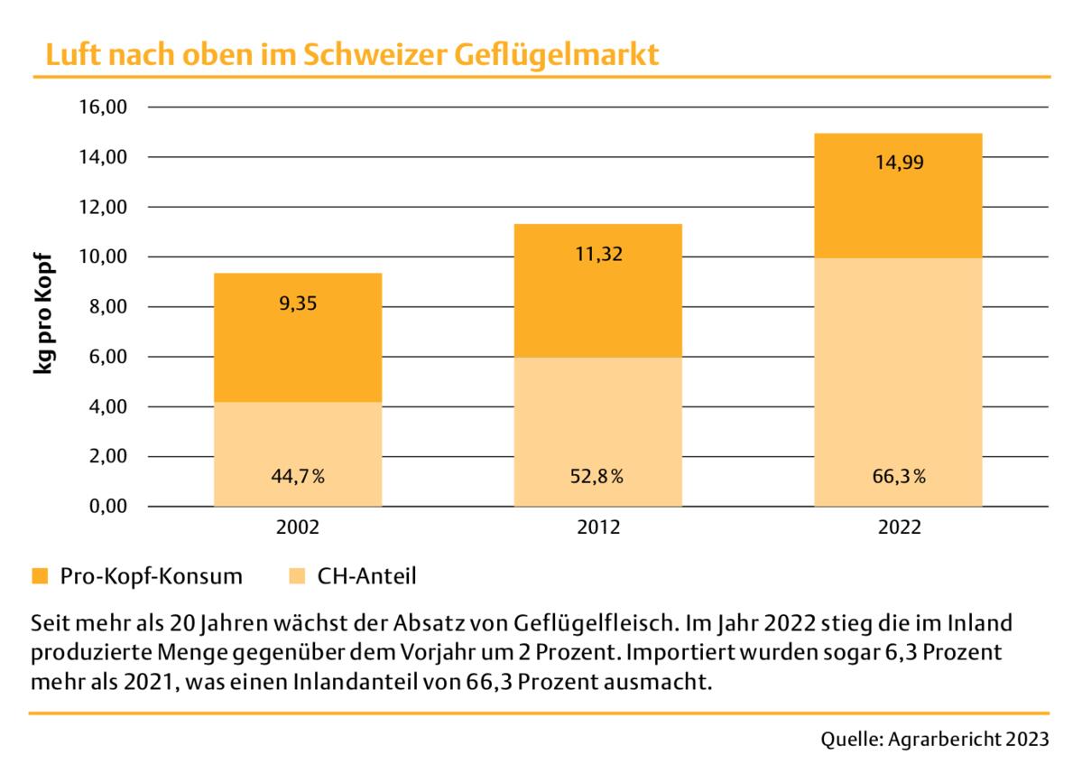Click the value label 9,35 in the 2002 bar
pos(298,303)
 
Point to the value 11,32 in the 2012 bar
pos(598,254)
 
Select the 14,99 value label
pos(899,163)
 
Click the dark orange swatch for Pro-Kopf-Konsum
pos(39,575)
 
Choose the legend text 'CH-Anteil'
pos(366,575)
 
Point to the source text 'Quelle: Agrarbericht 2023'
pos(935,739)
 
